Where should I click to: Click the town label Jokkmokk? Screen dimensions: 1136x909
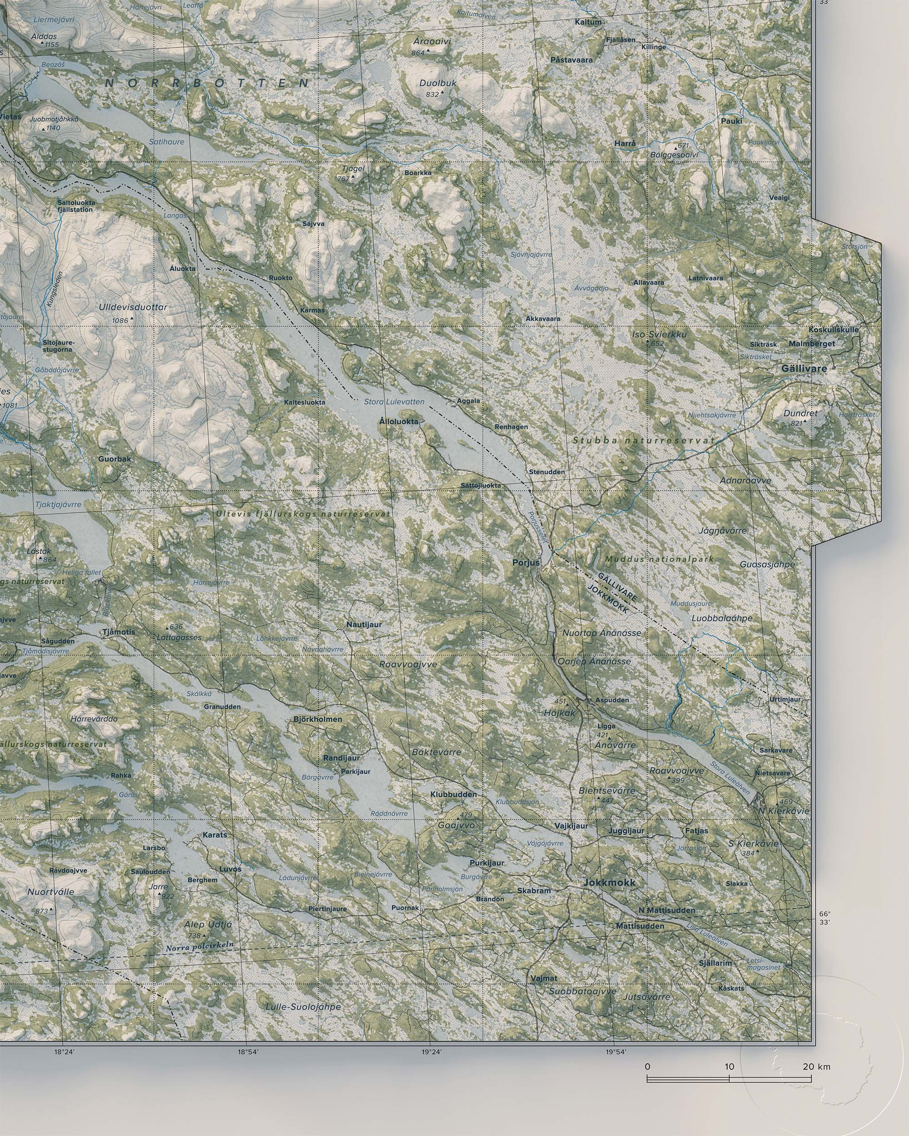(x=609, y=882)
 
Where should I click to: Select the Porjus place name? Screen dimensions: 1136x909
(x=526, y=563)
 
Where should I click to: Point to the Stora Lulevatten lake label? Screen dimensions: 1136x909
(x=394, y=402)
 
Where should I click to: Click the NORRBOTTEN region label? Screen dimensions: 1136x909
(x=207, y=83)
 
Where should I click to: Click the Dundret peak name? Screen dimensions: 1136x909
(x=800, y=413)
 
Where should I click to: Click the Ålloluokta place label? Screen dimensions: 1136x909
(x=399, y=422)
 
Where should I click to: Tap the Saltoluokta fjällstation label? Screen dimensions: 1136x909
(x=75, y=205)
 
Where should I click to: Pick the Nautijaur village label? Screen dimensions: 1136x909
(x=364, y=624)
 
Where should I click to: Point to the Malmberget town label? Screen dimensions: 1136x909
(x=812, y=344)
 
